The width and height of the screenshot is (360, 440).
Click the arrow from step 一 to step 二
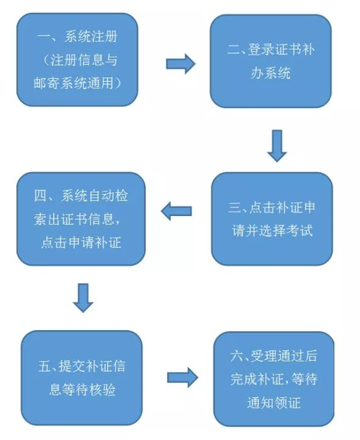click(181, 64)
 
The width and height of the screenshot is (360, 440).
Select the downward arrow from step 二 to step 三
click(277, 145)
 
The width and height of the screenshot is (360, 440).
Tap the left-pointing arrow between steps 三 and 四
click(177, 211)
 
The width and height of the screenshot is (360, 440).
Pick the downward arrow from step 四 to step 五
click(83, 298)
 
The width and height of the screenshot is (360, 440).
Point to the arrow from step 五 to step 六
click(183, 378)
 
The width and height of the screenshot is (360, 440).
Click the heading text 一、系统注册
click(77, 37)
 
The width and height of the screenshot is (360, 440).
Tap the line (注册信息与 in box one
click(81, 60)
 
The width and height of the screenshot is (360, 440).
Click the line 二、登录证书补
click(271, 49)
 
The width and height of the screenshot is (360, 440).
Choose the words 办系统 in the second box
click(270, 73)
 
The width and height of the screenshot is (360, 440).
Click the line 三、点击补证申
click(272, 208)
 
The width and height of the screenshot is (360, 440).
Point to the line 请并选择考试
click(272, 230)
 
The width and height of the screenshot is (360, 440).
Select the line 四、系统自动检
click(81, 196)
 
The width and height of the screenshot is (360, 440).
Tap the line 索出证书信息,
click(77, 219)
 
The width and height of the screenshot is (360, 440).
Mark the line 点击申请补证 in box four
click(81, 242)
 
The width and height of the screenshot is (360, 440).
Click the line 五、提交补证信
click(82, 366)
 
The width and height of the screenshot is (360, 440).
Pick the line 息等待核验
click(82, 390)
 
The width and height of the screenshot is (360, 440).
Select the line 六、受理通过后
click(274, 356)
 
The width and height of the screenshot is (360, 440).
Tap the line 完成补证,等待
click(274, 379)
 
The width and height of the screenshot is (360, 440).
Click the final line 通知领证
click(274, 403)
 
